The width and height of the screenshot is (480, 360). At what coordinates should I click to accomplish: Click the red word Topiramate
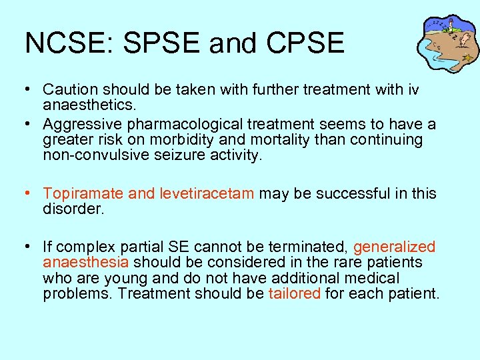(x=83, y=193)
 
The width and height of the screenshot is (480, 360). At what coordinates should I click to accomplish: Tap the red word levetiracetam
(x=207, y=193)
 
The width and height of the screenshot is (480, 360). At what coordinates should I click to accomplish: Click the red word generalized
(x=394, y=247)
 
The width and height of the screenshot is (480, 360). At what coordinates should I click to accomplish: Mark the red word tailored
(x=294, y=294)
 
